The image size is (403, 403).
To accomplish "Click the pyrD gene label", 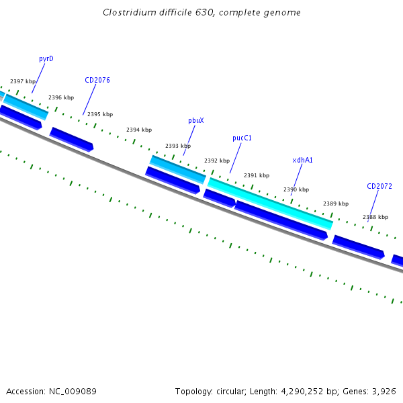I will (46, 59).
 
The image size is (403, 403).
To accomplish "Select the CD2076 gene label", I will (97, 80).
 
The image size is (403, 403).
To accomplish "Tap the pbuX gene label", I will (196, 121).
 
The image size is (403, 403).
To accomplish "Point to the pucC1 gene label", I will (242, 138).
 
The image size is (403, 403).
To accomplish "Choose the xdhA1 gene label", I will (302, 161).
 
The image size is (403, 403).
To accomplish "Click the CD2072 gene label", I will (379, 186).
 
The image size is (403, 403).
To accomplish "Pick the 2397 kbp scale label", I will (23, 81).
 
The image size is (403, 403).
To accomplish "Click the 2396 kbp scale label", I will (61, 98).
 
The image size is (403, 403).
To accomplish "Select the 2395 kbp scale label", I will (100, 114).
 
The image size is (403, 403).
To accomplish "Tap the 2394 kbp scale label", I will (139, 130).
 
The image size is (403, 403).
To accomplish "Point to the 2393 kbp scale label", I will (178, 146).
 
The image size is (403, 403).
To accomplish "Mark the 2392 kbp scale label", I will (217, 161).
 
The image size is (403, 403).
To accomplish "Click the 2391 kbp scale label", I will (257, 175).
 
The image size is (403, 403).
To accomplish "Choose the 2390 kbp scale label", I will (296, 190).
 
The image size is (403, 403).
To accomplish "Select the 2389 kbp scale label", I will (336, 204).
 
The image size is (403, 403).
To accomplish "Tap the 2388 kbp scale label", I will (375, 217).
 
